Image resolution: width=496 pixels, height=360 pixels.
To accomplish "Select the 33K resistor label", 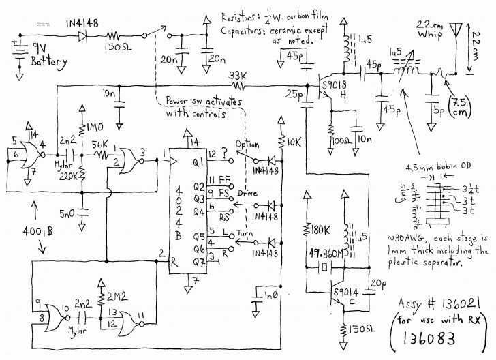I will [238, 75].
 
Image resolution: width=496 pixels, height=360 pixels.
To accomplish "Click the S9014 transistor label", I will [348, 292].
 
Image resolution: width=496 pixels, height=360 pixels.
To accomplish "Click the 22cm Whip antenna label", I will [431, 30].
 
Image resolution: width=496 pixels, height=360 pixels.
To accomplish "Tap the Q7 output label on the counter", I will [198, 262].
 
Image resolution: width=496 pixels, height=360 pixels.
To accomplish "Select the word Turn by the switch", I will [245, 232].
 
